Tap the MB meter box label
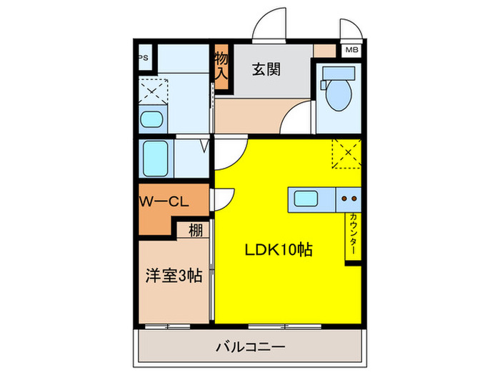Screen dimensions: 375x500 tap(351, 50)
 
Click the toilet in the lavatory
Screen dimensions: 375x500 tap(334, 88)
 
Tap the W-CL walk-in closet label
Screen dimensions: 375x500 tap(164, 202)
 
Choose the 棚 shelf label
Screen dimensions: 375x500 tap(195, 231)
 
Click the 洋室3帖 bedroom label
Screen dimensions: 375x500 tap(174, 276)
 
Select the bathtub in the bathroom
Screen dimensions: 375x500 tap(155, 158)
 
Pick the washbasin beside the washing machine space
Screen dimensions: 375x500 tap(151, 119)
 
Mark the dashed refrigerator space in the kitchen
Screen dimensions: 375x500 tap(346, 152)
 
